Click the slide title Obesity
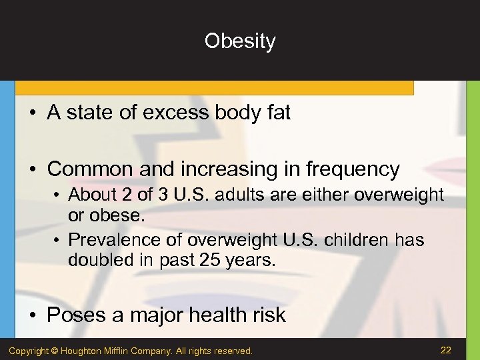240,41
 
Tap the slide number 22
447,350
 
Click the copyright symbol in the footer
55,351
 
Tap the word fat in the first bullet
279,113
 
